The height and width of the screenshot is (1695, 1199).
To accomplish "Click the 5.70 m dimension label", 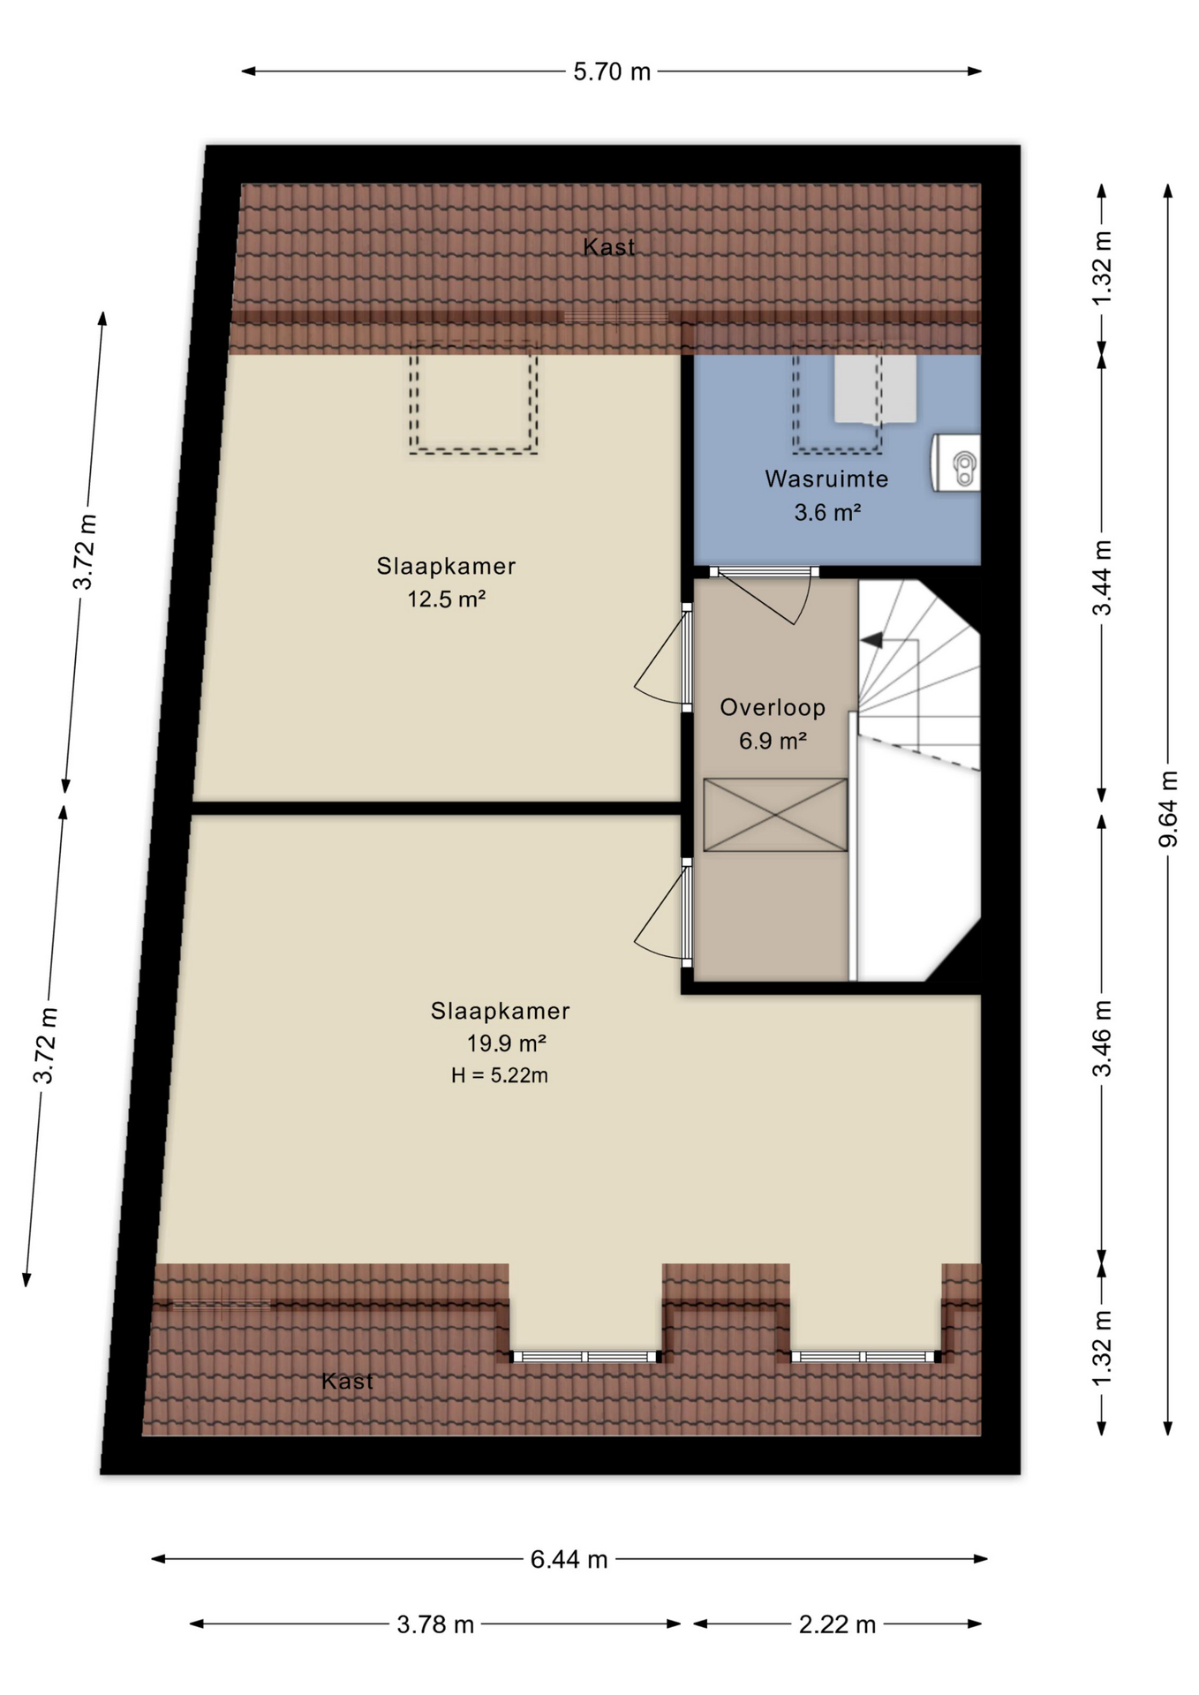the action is (611, 72).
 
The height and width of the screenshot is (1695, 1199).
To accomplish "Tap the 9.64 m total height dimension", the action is (1168, 809).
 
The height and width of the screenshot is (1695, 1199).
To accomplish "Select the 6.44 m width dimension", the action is (569, 1560).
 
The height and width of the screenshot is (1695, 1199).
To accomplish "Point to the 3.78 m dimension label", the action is (435, 1624).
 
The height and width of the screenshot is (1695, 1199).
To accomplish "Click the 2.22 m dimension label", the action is (837, 1624).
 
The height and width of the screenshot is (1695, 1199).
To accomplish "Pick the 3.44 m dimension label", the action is (1102, 577).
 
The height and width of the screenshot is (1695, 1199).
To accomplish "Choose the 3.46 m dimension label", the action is (1102, 1038).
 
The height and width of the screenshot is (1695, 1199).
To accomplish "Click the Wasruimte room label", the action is (826, 479).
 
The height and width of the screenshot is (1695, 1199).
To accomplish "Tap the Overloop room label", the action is (773, 707).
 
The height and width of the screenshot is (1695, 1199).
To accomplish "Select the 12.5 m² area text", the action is (446, 599).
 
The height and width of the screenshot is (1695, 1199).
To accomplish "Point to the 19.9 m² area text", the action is (506, 1043).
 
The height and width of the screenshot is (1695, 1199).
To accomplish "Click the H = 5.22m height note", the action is (499, 1075).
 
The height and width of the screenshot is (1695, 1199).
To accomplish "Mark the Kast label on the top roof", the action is (609, 247).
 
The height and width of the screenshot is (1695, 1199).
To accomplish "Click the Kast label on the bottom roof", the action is (347, 1381).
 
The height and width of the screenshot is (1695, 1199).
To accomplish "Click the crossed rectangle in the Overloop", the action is (775, 815).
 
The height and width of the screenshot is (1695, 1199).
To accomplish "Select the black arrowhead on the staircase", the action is (871, 640).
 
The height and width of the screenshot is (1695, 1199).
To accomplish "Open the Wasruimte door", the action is (764, 572).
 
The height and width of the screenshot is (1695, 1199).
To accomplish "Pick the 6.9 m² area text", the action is (773, 741).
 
